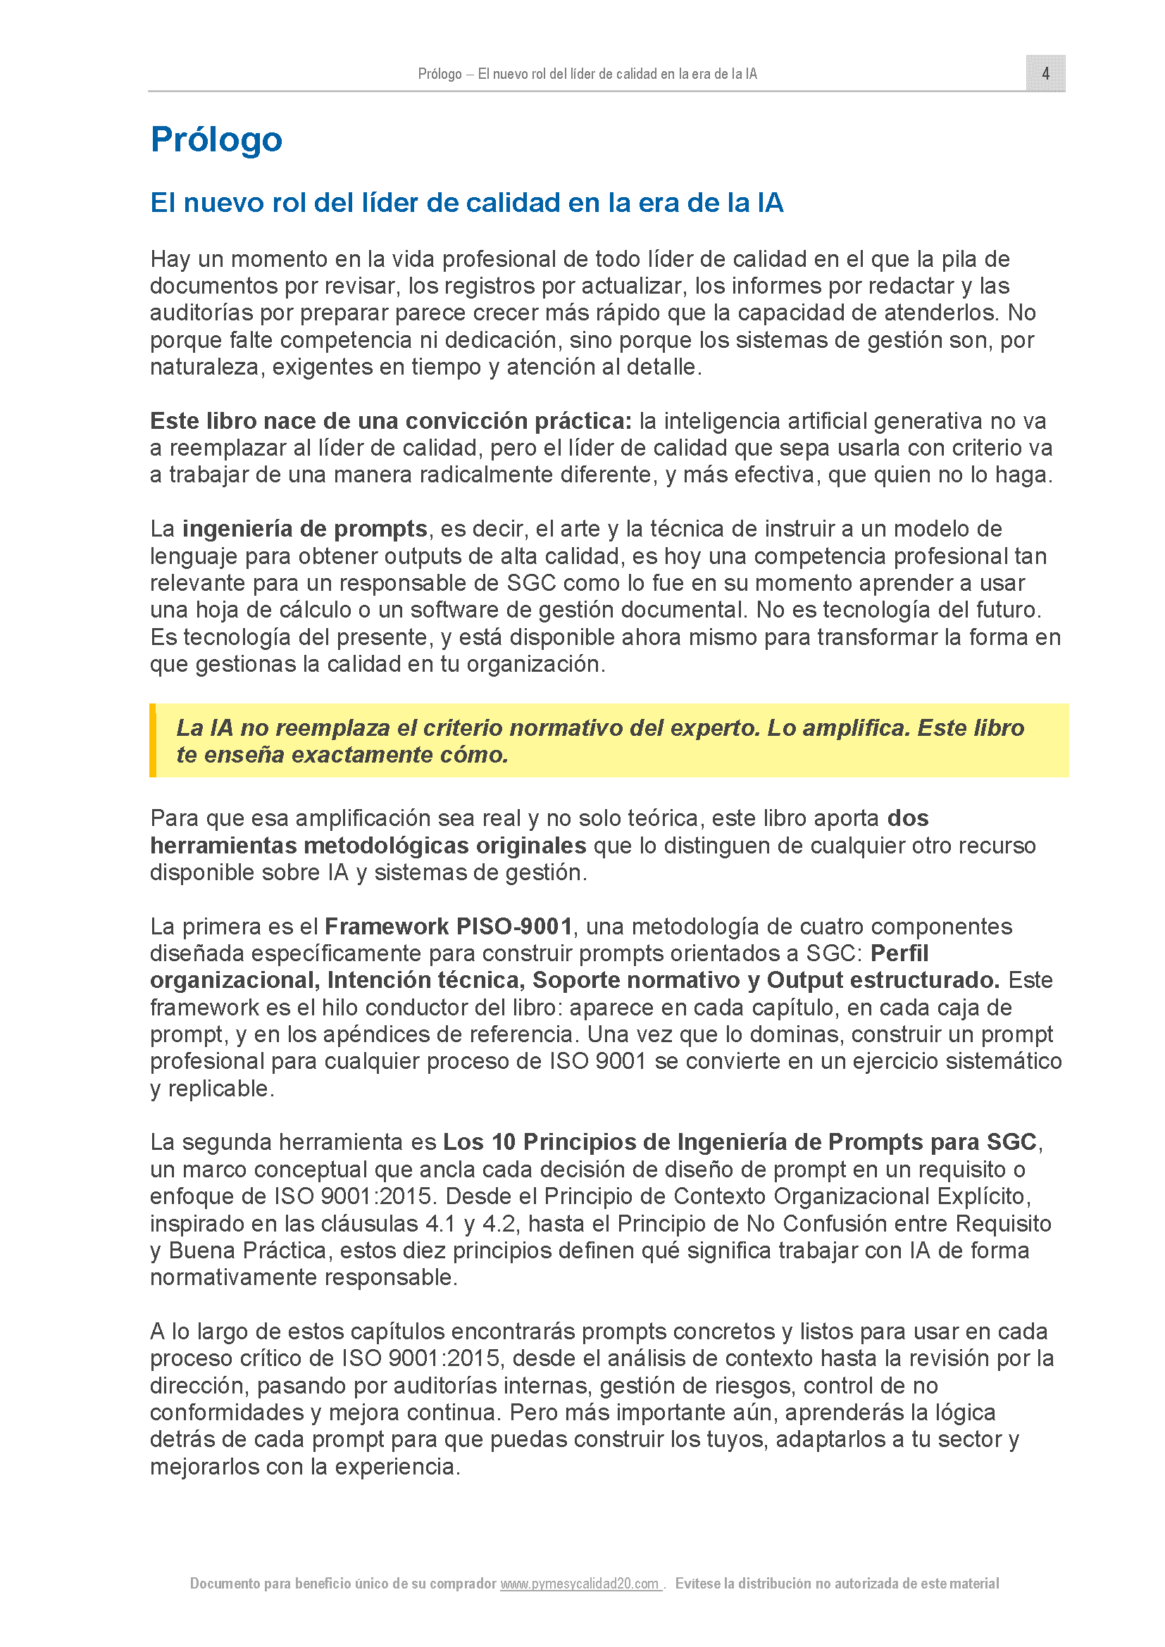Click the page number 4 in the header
1045,73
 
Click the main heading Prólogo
216,139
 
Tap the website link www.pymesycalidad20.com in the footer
580,1583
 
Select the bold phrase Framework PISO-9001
449,926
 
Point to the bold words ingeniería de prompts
305,529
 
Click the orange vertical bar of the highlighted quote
153,740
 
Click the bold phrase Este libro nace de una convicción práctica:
391,420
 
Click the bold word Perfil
899,953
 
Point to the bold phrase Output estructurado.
883,980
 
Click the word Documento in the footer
225,1583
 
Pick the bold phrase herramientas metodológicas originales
368,846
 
